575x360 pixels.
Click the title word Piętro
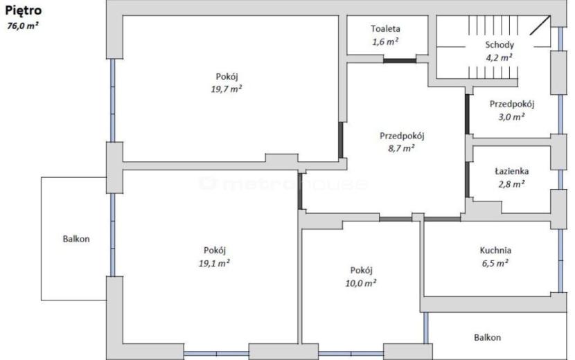(23, 10)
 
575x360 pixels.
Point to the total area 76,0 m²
(23, 26)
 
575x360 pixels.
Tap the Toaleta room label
(385, 28)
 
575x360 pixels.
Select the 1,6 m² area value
(385, 42)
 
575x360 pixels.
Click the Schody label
(499, 45)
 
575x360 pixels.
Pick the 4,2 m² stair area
(499, 57)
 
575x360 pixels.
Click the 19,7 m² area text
(227, 89)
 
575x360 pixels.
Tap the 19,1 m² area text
(214, 263)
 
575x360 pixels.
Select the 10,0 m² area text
(361, 283)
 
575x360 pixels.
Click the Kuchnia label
(495, 251)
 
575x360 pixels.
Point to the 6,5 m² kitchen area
(495, 263)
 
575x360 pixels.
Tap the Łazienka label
(511, 171)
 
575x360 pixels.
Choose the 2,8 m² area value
(511, 183)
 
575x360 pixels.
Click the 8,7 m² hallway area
(402, 148)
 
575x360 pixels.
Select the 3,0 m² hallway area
(511, 117)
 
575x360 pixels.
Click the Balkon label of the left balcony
(76, 239)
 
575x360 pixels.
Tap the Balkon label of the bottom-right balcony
(487, 337)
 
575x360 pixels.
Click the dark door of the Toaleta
(400, 61)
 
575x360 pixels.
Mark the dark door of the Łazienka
(467, 179)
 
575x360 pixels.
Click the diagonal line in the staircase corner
(540, 26)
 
